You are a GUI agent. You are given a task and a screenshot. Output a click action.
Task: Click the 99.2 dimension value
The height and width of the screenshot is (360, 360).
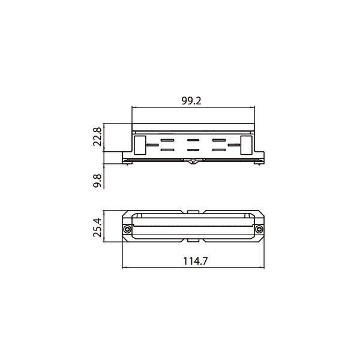click(191, 101)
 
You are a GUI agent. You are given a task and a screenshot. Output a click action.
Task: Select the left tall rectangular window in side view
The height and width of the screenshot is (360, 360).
click(139, 144)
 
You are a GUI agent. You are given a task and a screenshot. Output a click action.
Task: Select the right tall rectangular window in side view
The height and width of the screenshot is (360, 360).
click(246, 144)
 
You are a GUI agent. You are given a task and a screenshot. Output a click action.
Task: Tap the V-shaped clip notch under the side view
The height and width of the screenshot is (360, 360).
click(193, 161)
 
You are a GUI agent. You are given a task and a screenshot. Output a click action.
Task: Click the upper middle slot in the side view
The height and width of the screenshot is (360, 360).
click(193, 140)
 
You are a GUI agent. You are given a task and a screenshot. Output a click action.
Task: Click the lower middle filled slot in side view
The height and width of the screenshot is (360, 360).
click(193, 149)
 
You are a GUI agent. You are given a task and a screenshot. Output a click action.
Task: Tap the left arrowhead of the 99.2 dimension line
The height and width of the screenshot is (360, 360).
click(134, 108)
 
